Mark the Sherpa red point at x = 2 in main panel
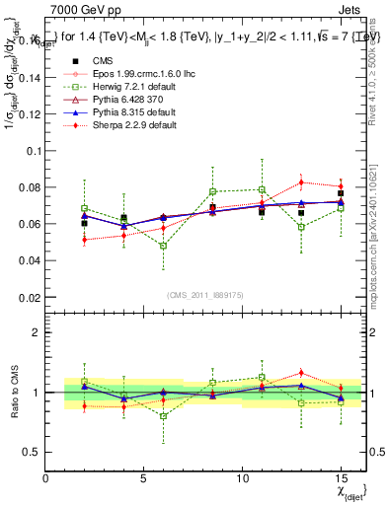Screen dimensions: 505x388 click(85, 240)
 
